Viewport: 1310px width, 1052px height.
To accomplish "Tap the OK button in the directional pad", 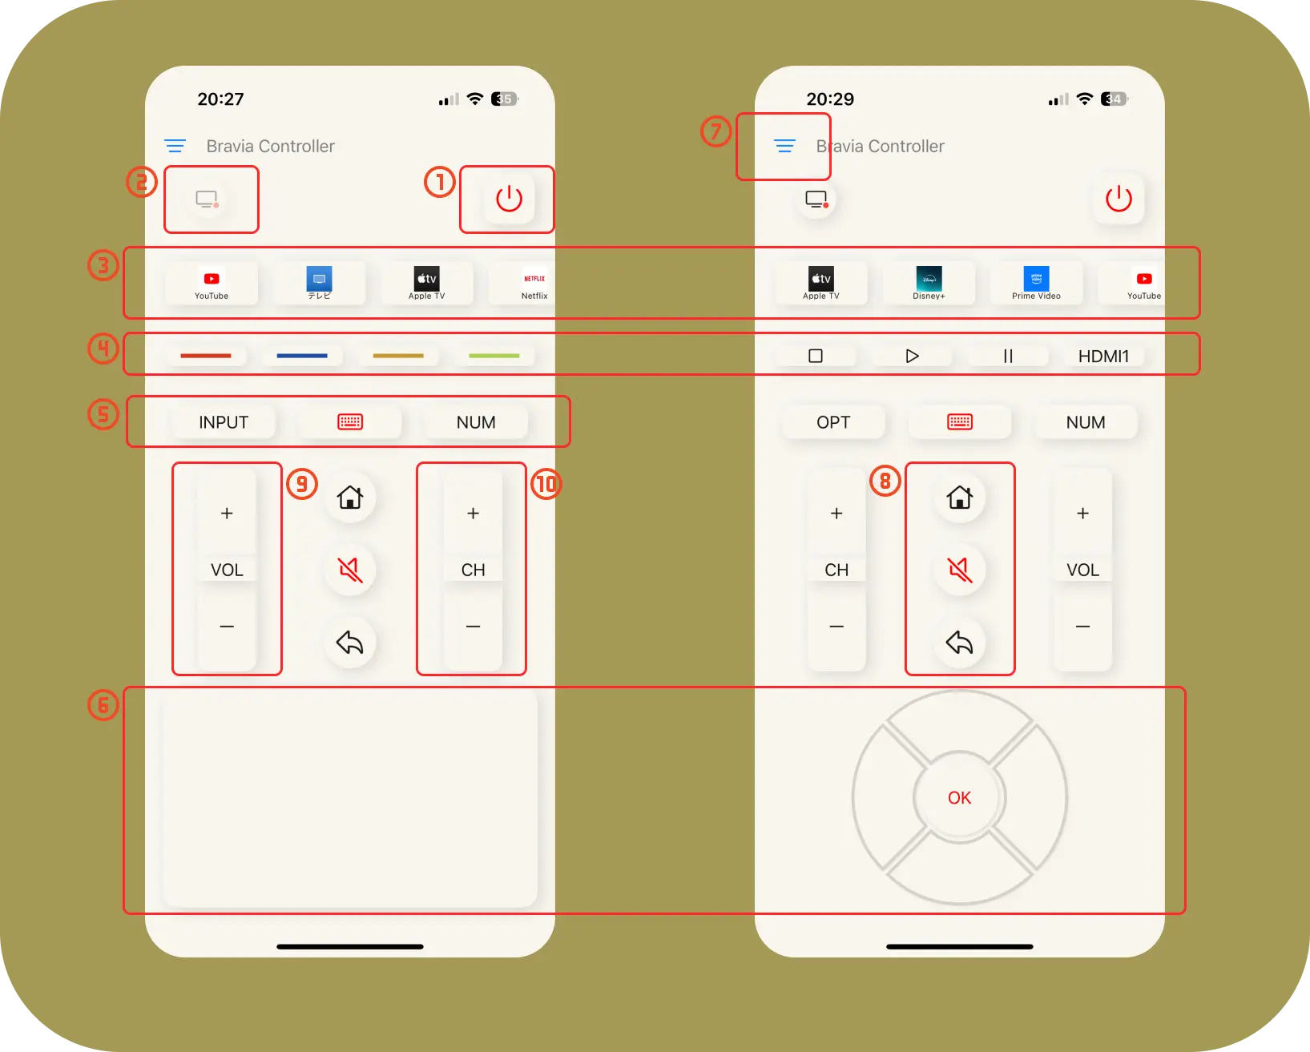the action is tap(959, 797).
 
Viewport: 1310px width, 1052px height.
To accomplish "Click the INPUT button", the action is tap(224, 422).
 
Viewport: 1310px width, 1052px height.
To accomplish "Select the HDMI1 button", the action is tap(1103, 357).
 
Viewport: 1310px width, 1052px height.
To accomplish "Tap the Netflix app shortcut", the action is tap(534, 284).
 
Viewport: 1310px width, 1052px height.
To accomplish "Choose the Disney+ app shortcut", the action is tap(929, 284).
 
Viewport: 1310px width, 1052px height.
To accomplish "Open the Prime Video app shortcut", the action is tap(1036, 284).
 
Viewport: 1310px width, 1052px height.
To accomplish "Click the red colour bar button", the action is tap(206, 356).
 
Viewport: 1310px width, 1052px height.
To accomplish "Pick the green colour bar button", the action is tap(494, 356).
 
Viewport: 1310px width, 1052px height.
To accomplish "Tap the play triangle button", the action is tap(912, 357).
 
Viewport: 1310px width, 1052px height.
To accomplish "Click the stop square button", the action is tap(816, 357).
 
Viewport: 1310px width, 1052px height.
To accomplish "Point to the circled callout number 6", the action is tap(103, 705).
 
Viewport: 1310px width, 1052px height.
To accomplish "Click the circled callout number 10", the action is tap(546, 484).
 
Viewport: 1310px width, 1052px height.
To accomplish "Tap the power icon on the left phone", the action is tap(508, 199).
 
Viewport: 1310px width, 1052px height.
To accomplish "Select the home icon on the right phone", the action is tap(959, 498).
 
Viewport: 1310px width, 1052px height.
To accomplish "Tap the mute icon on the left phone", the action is tap(350, 570).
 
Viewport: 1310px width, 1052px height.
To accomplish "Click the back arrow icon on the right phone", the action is tap(959, 643).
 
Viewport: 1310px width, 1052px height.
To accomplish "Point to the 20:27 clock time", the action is tap(220, 99).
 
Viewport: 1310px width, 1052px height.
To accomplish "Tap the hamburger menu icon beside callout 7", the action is tap(784, 146).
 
